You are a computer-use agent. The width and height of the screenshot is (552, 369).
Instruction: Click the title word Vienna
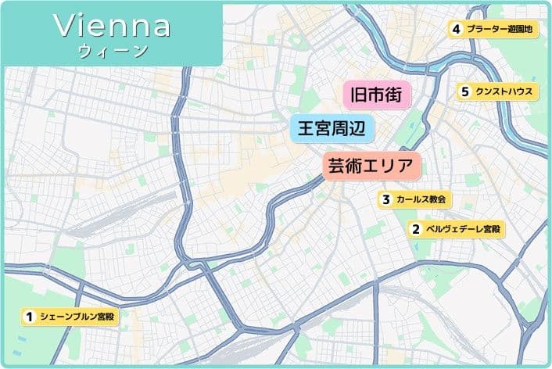113,25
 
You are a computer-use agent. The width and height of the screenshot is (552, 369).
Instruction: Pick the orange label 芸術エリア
372,166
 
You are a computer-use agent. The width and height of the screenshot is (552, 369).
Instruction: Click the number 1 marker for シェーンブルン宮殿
29,317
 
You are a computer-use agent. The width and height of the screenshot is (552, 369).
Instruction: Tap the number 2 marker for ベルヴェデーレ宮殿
415,230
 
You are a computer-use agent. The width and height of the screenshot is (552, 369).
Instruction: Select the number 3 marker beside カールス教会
385,199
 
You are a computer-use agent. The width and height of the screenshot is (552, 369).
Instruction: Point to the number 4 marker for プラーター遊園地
455,30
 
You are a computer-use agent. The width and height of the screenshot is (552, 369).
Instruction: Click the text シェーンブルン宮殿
77,317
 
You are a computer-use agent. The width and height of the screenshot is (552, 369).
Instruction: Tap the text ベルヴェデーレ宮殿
462,230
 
